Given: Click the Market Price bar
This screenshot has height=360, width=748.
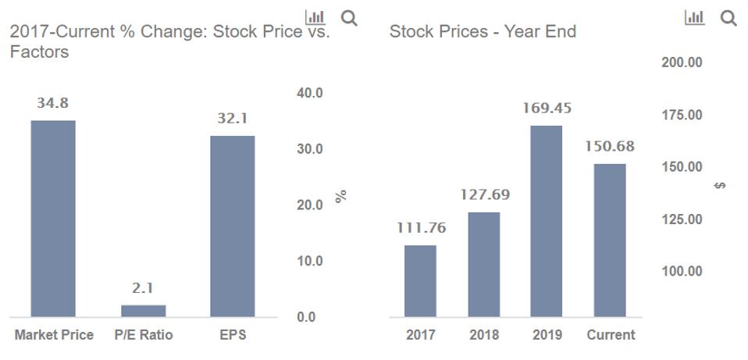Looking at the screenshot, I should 53,219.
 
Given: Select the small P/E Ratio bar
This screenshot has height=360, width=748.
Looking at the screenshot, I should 143,311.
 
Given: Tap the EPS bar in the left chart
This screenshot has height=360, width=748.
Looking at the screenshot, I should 232,226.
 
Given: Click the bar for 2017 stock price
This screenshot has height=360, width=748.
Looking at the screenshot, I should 420,281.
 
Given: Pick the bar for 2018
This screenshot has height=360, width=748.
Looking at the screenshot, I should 484,264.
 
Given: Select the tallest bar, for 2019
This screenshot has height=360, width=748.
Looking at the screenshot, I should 547,221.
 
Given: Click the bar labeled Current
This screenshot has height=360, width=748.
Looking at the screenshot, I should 610,240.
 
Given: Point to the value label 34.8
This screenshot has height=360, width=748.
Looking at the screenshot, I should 52,103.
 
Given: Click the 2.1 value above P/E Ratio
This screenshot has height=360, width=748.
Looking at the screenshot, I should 143,288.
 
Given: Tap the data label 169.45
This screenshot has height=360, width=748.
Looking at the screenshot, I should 547,109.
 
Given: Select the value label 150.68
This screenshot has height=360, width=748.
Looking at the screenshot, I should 610,147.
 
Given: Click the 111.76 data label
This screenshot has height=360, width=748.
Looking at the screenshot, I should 420,228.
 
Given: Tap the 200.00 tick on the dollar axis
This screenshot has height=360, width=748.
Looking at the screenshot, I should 682,62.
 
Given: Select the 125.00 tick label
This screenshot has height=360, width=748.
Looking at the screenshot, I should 682,219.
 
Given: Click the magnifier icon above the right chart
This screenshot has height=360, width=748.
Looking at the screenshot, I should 728,18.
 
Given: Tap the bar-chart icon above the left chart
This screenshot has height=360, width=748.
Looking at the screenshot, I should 315,17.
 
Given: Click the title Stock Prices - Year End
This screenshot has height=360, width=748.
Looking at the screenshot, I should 483,32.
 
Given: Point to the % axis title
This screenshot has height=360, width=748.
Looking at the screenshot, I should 340,197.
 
